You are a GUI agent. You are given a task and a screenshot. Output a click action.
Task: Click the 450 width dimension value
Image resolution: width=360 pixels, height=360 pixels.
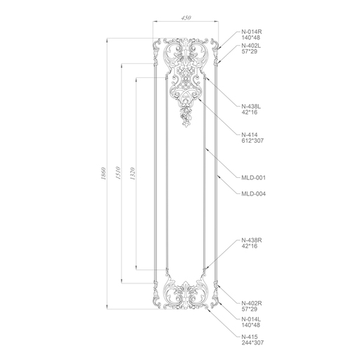tap(186, 18)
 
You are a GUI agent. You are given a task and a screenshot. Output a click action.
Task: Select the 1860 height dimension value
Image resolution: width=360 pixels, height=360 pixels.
tap(103, 174)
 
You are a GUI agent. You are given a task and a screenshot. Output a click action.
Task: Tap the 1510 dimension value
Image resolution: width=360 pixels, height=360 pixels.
tap(118, 173)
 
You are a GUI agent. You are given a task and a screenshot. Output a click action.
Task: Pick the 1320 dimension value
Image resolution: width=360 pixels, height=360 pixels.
tap(132, 174)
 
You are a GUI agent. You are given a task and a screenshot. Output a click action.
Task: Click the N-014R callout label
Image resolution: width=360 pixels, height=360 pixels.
tap(252, 32)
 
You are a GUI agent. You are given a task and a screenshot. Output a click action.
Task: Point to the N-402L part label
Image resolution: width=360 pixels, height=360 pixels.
tap(251, 46)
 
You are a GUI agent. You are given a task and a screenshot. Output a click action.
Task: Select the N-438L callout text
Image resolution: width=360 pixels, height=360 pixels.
tap(251, 106)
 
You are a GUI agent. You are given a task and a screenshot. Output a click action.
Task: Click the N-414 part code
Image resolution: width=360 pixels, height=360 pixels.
tap(250, 135)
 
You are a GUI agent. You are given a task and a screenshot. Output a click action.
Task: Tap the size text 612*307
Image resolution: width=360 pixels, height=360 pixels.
tap(252, 141)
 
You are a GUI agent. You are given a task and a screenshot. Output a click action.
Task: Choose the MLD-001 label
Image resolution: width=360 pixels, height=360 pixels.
tap(254, 178)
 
